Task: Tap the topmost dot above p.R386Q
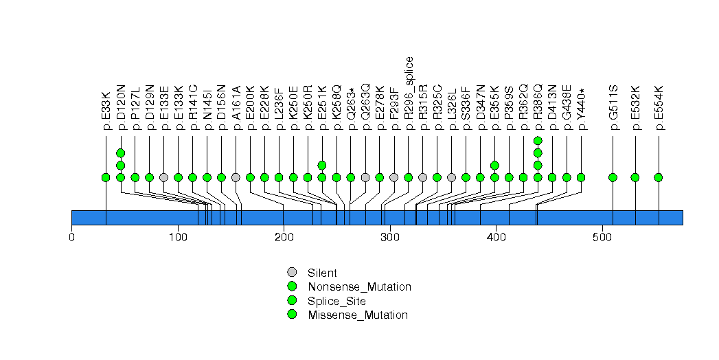coord(538,140)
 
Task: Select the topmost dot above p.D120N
coord(120,153)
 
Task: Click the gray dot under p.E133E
coord(163,177)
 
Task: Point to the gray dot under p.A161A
coord(236,177)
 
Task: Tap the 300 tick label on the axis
coord(390,238)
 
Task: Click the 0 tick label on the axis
coord(71,238)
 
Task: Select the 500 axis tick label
coord(602,238)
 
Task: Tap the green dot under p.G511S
coord(613,177)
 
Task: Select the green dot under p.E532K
coord(635,177)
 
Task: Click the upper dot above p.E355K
coord(494,165)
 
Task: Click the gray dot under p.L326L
coord(451,177)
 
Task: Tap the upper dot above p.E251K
coord(321,165)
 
